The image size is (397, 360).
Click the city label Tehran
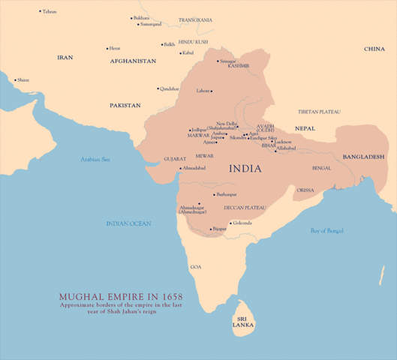pyautogui.click(x=50, y=12)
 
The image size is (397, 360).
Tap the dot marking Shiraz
pyautogui.click(x=15, y=79)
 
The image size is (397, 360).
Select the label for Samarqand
pyautogui.click(x=150, y=24)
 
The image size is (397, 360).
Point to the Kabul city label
pyautogui.click(x=188, y=52)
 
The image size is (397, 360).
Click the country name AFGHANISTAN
pyautogui.click(x=133, y=61)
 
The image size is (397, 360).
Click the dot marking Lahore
pyautogui.click(x=212, y=91)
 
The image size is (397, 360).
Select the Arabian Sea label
pyautogui.click(x=95, y=159)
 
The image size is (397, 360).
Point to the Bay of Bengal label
pyautogui.click(x=326, y=230)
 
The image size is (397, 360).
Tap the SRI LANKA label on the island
pyautogui.click(x=243, y=322)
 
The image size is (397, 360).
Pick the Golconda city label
pyautogui.click(x=242, y=223)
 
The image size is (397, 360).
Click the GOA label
pyautogui.click(x=196, y=266)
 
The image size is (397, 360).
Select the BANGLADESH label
pyautogui.click(x=363, y=156)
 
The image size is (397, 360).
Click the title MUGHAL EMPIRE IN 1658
pyautogui.click(x=120, y=296)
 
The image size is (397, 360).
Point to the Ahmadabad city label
pyautogui.click(x=194, y=168)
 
